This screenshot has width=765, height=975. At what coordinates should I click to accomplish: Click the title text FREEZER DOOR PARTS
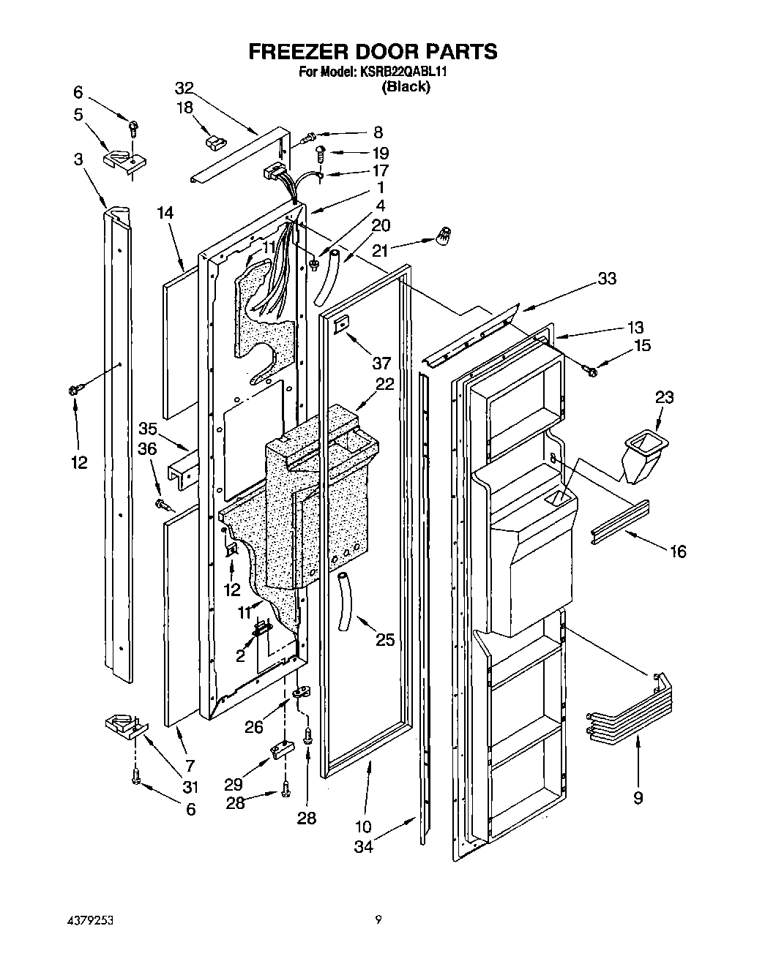click(373, 51)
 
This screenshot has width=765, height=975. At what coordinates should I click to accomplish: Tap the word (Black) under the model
click(405, 87)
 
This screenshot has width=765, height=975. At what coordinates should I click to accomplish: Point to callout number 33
click(606, 279)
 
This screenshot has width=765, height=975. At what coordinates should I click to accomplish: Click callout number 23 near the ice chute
click(664, 397)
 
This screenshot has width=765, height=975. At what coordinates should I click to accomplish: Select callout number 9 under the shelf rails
click(638, 798)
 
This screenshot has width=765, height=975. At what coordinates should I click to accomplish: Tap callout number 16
click(678, 551)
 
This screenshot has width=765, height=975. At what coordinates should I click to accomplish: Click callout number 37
click(381, 363)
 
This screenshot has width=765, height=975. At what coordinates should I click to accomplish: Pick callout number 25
click(384, 640)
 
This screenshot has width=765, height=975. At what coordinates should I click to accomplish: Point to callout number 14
click(165, 214)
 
